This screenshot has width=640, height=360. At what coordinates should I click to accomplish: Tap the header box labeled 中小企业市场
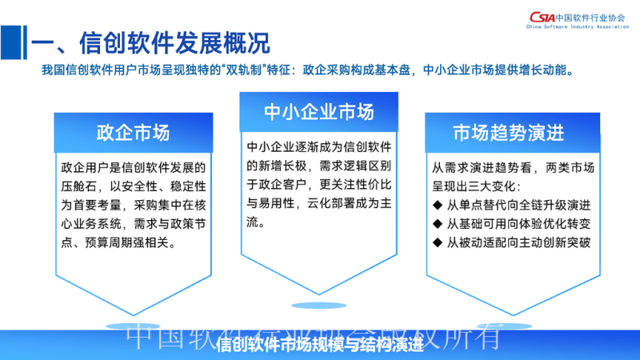[319, 111]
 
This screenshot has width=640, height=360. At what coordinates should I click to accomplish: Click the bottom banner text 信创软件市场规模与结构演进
[319, 346]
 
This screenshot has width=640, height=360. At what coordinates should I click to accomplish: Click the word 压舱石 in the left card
[78, 186]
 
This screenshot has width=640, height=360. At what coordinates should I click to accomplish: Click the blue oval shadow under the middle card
[319, 305]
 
